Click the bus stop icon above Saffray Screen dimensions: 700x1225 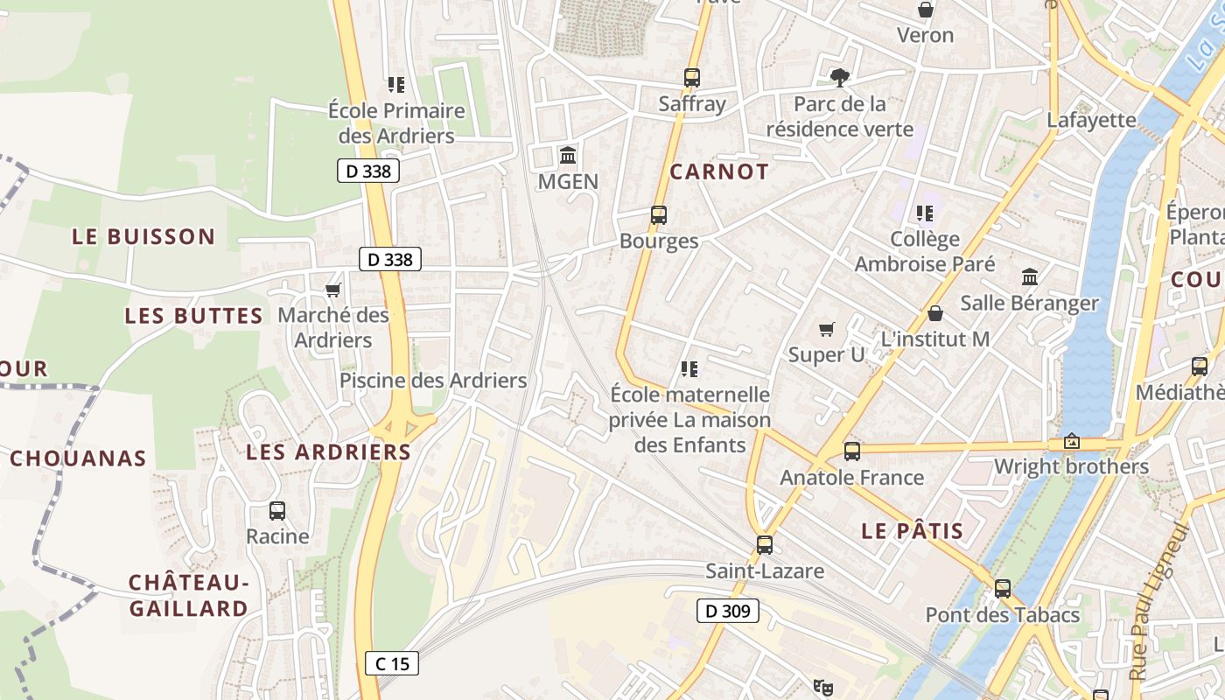692,77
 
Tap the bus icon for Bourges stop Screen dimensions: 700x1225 659,214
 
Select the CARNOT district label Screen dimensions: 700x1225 719,171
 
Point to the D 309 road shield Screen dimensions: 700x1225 727,611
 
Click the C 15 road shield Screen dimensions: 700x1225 392,663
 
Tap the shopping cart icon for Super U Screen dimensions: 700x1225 826,329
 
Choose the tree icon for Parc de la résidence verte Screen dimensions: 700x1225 840,77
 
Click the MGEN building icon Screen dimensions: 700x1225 568,156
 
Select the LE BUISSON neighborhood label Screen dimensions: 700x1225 143,236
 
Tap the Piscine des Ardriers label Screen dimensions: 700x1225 433,381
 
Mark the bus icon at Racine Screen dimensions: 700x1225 277,510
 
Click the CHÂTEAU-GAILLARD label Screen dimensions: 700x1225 189,595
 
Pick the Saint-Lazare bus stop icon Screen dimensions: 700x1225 765,544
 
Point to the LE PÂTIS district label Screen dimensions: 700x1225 913,530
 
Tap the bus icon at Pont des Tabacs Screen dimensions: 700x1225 1003,588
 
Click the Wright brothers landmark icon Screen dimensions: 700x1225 1071,441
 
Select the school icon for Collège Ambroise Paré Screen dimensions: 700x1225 924,213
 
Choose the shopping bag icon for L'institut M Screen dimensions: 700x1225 935,312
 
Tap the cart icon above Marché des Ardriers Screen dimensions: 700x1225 332,290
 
